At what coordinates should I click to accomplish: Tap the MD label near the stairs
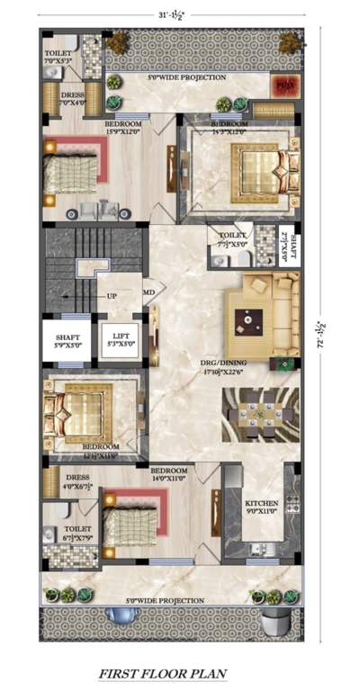click(x=148, y=292)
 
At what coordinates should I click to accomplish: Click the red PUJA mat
click(x=284, y=86)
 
